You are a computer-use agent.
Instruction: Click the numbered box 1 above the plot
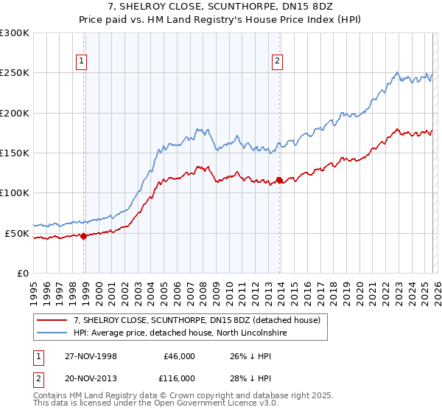[80, 62]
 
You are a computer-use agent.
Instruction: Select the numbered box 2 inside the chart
[277, 62]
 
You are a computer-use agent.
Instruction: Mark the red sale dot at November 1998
[83, 237]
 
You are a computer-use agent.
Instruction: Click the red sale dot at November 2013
[279, 180]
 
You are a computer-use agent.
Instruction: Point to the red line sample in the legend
[52, 321]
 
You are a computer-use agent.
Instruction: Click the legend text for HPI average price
[178, 333]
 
